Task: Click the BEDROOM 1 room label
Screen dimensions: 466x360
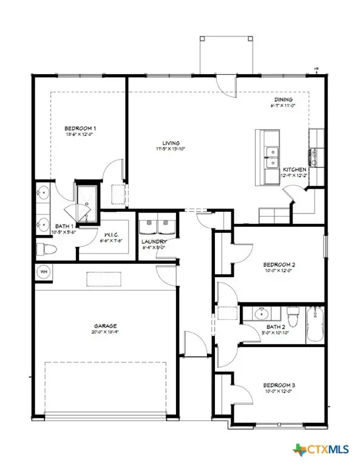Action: [x=81, y=128]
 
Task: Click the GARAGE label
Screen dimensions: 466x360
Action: [x=105, y=325]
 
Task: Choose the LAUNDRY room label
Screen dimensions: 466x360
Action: [x=154, y=240]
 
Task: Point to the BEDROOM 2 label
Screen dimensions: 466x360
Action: [x=279, y=265]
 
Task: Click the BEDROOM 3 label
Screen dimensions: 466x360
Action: [x=279, y=385]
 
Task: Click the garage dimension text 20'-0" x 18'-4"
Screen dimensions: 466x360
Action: [x=105, y=333]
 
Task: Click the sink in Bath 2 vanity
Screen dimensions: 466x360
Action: [x=262, y=314]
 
